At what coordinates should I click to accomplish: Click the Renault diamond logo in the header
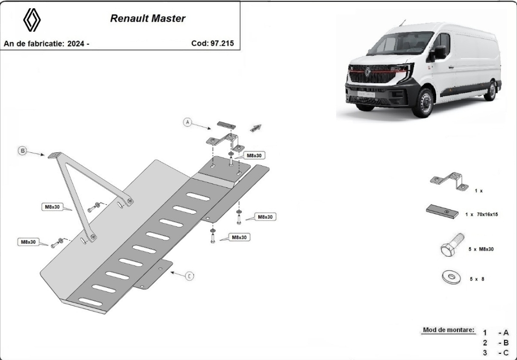(32, 19)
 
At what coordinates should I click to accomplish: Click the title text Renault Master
(147, 18)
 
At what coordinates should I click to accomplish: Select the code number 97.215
(222, 43)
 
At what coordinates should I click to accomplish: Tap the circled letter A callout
(188, 122)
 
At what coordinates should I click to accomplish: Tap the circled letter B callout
(23, 151)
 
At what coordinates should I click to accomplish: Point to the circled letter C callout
(189, 276)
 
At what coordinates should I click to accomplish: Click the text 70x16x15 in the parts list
(487, 214)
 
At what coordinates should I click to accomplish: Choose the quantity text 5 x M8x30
(481, 249)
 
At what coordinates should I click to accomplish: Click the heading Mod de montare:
(448, 330)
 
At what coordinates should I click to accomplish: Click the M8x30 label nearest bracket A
(254, 155)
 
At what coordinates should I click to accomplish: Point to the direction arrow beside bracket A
(256, 128)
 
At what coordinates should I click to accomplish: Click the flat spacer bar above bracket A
(226, 125)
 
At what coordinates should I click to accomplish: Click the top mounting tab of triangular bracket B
(55, 155)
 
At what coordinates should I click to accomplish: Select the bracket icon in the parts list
(449, 181)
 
